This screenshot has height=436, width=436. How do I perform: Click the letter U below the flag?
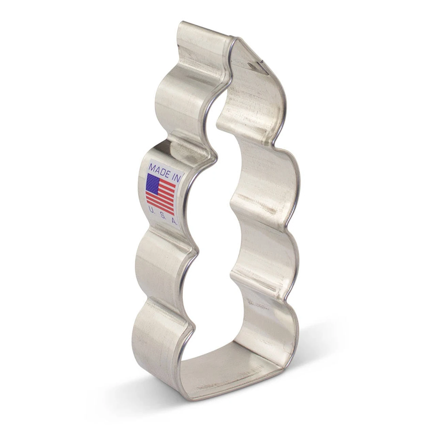tap(150, 211)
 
